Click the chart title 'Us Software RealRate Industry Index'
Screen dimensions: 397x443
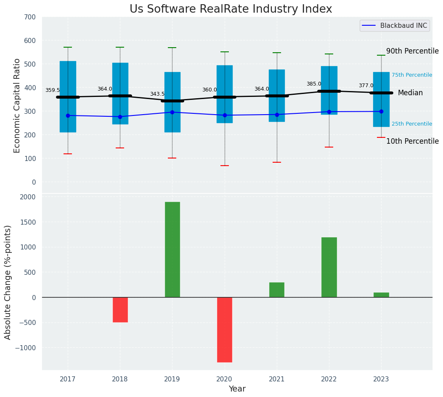tap(231, 9)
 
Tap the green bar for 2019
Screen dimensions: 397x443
tap(172, 249)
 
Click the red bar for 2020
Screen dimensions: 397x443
tap(224, 330)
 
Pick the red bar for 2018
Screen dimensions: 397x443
tap(120, 310)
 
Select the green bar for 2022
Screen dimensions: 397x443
tap(329, 267)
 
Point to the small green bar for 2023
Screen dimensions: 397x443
tap(381, 295)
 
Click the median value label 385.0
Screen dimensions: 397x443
tap(314, 84)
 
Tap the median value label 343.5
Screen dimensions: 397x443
tap(157, 94)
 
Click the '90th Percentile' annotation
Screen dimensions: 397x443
tap(412, 51)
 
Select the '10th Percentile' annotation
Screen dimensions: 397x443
tap(412, 141)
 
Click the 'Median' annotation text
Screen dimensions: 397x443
tap(410, 93)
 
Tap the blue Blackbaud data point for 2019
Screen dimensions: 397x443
tap(172, 112)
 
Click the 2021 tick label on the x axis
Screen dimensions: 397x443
tap(277, 379)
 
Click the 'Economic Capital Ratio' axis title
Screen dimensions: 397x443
tap(17, 106)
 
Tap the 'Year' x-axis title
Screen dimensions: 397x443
tap(237, 389)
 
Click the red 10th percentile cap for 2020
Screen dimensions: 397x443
tap(224, 166)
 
